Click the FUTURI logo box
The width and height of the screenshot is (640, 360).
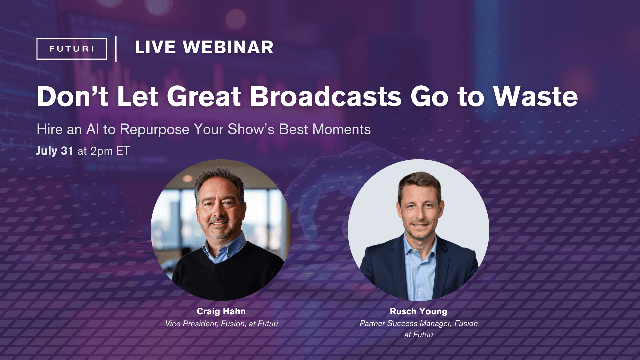(71, 49)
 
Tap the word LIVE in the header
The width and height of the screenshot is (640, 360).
(155, 47)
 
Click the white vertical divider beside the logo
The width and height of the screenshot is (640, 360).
(116, 49)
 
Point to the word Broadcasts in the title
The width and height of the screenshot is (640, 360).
(326, 97)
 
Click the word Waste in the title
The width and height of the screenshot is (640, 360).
(535, 97)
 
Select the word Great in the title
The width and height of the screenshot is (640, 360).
(204, 97)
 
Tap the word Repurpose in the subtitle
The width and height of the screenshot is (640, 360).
(154, 129)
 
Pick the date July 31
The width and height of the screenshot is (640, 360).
(55, 151)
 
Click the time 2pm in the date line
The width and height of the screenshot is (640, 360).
(102, 151)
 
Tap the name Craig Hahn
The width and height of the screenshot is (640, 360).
(221, 311)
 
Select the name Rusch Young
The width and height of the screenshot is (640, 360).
(418, 311)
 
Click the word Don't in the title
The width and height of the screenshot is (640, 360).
(72, 97)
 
